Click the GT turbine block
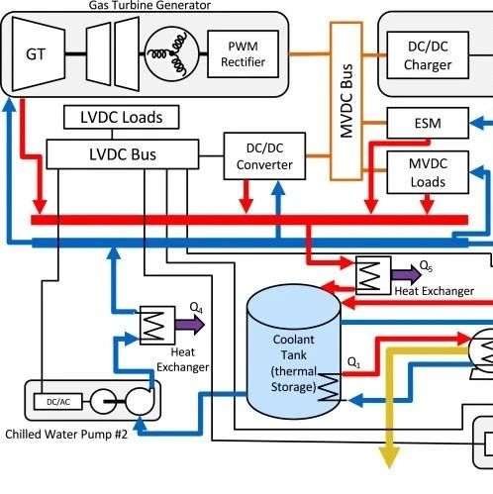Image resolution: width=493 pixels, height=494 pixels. [x=38, y=54]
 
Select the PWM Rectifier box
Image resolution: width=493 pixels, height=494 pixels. [x=243, y=54]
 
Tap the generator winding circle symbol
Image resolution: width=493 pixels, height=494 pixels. [x=172, y=54]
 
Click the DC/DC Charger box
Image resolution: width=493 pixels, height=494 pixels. [x=428, y=55]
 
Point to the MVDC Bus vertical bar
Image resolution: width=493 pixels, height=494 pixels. [x=346, y=101]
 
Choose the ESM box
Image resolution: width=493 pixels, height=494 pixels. [x=428, y=123]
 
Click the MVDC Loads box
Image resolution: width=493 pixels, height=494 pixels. [x=428, y=172]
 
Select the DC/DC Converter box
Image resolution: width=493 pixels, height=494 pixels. [x=264, y=156]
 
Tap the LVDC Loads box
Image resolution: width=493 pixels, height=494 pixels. [x=122, y=117]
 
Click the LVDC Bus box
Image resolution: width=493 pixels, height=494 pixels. [x=123, y=154]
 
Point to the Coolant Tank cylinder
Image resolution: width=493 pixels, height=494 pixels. [x=294, y=352]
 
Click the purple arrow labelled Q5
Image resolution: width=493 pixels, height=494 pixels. [x=406, y=274]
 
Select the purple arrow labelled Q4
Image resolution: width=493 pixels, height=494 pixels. [x=190, y=325]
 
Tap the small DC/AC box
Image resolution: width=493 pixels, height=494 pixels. [x=58, y=402]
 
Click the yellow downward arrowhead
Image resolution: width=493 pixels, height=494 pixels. [x=390, y=457]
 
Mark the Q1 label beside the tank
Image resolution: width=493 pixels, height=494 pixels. [x=353, y=362]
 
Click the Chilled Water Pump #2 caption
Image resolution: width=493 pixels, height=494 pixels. [x=66, y=435]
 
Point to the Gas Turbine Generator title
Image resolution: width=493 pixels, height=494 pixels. [x=149, y=5]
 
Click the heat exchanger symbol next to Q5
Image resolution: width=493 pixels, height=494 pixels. [x=373, y=275]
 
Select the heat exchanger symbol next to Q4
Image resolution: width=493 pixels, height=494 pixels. [x=157, y=326]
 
